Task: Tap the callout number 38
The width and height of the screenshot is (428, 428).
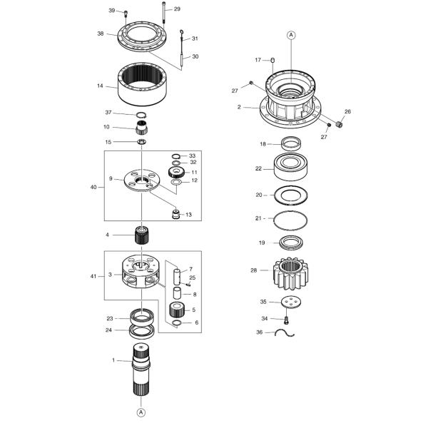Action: coord(101,34)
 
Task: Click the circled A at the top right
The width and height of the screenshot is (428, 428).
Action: coord(291,34)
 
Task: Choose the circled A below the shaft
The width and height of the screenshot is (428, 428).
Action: coord(141,412)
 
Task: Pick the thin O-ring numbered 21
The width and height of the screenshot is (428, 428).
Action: coord(292,218)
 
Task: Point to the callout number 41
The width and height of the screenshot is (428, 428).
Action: coord(93,275)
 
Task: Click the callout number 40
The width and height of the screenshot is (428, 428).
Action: coord(93,187)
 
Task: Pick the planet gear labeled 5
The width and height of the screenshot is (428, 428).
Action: coord(176,309)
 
